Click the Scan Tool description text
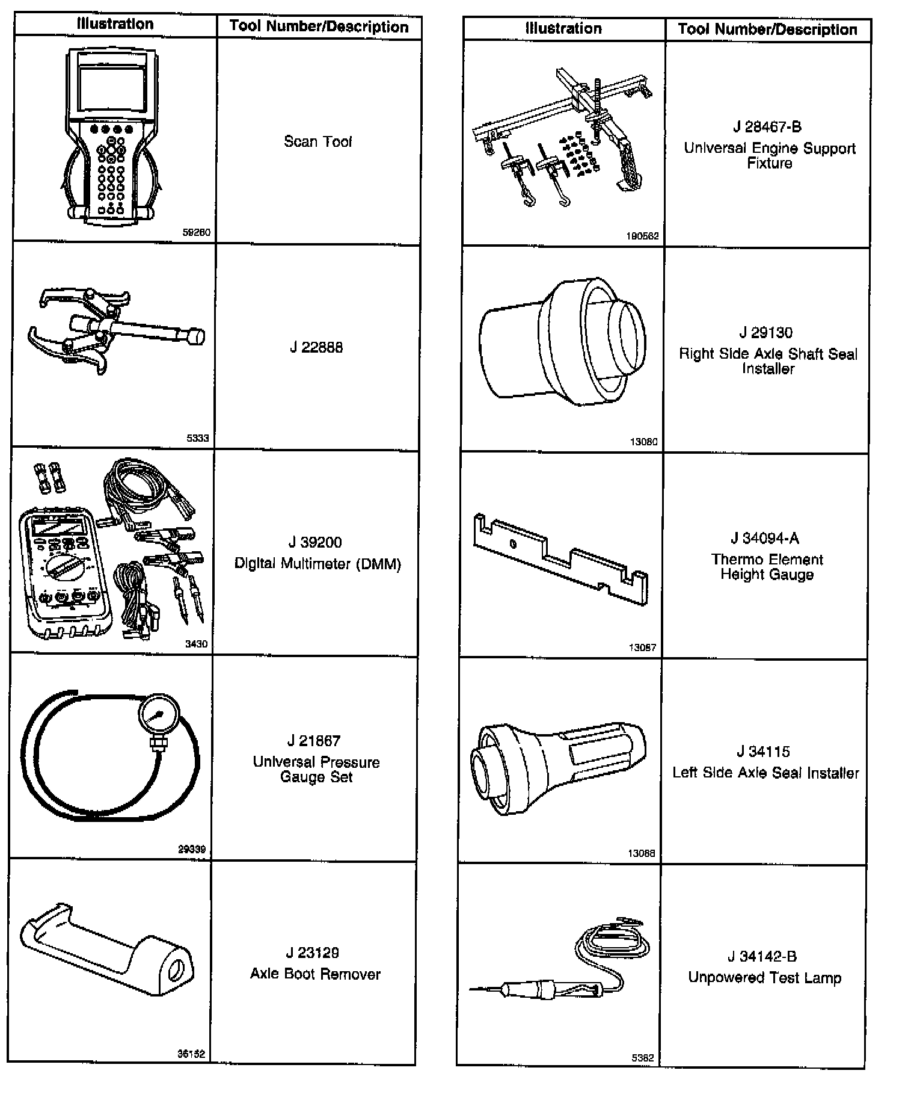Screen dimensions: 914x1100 pos(317,141)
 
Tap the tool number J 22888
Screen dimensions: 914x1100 pos(316,348)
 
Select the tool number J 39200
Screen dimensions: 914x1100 pos(315,542)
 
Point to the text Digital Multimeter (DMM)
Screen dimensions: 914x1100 pos(317,564)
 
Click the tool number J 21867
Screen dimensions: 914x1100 pos(313,741)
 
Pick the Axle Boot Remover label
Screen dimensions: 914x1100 pos(315,974)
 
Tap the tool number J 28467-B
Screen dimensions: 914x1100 pos(767,127)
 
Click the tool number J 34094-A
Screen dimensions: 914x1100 pos(765,539)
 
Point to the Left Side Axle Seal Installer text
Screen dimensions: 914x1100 pos(765,773)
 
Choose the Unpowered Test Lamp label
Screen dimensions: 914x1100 pos(764,978)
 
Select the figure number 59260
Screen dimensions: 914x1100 pos(197,232)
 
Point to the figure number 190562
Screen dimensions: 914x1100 pos(642,236)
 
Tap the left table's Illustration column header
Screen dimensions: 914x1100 pos(115,24)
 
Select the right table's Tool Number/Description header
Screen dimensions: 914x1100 pos(767,29)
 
